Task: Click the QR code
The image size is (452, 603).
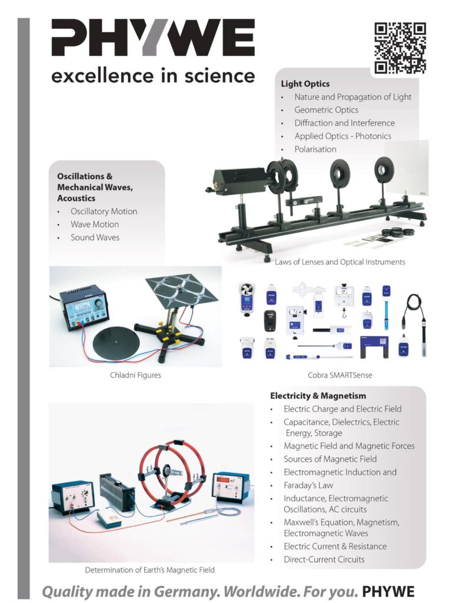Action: click(400, 48)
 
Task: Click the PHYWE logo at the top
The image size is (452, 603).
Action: click(152, 38)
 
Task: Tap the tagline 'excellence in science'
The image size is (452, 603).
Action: click(152, 76)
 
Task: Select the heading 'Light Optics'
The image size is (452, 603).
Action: click(305, 84)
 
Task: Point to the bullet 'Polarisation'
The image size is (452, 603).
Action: click(315, 149)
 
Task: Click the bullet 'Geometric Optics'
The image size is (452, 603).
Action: click(326, 110)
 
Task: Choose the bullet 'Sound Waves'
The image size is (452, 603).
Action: click(95, 237)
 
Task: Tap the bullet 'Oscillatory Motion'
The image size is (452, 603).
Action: click(104, 211)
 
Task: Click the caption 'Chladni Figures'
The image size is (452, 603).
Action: click(136, 375)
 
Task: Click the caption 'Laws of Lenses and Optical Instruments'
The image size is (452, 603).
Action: click(340, 262)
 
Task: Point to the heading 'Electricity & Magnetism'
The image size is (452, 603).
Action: click(318, 396)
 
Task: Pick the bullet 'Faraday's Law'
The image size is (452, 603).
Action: click(308, 485)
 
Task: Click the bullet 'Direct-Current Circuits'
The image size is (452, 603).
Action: click(324, 559)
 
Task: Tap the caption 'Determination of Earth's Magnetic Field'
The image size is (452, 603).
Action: click(149, 570)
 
